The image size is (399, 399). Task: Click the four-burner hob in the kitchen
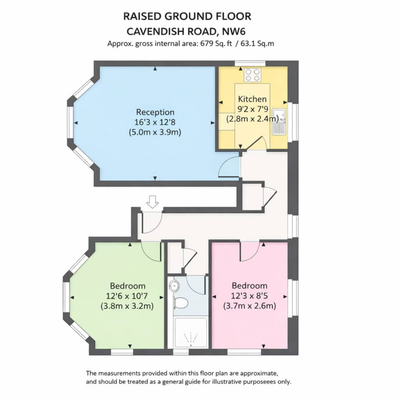click(x=252, y=75)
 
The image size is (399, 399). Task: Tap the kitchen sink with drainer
click(x=279, y=122)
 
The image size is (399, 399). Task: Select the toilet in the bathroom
click(x=181, y=303)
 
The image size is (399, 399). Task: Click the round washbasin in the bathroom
click(x=174, y=286)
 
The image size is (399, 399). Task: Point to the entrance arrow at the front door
click(x=152, y=202)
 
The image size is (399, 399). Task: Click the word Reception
click(x=155, y=112)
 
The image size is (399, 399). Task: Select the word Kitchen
click(x=252, y=99)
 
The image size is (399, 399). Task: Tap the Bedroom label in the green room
click(x=127, y=286)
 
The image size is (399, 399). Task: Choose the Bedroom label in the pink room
click(x=249, y=286)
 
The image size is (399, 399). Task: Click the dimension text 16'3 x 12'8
click(x=155, y=122)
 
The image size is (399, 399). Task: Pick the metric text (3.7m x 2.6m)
click(x=249, y=305)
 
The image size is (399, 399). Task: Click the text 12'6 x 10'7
click(x=127, y=296)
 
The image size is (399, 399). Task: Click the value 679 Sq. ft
click(x=216, y=44)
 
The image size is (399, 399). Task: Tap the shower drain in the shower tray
click(x=191, y=345)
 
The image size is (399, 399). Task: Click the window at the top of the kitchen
click(x=250, y=64)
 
